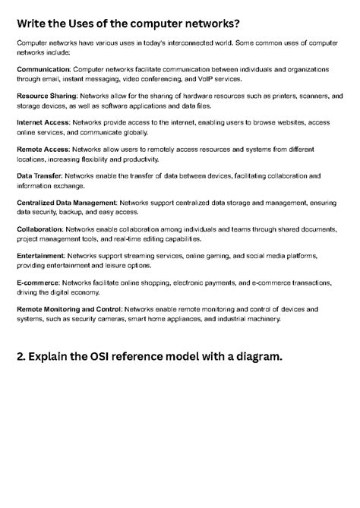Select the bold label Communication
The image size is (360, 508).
[x=44, y=69]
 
